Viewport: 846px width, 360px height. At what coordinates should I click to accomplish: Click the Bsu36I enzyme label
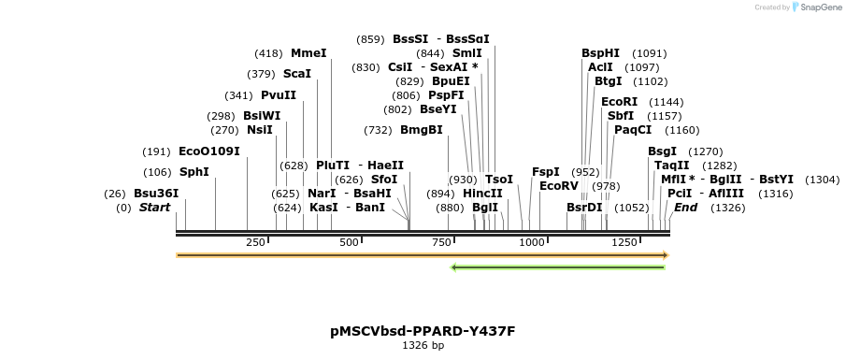[x=156, y=194]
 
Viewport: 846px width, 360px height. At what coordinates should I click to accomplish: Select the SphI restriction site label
[x=194, y=172]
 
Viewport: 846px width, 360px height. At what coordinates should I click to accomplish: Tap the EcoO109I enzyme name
[x=209, y=151]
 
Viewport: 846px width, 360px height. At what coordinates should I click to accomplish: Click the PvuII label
[x=279, y=95]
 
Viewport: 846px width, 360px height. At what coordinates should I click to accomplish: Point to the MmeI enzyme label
[x=308, y=53]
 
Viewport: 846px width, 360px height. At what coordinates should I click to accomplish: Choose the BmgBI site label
[x=422, y=130]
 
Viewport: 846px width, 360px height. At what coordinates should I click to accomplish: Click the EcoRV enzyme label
[x=559, y=186]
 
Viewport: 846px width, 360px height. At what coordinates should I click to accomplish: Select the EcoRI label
[x=619, y=102]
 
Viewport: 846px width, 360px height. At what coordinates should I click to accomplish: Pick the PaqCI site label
[x=633, y=130]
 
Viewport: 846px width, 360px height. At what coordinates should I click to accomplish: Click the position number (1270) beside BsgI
[x=706, y=151]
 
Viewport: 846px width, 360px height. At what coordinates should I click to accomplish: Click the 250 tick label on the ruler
[x=256, y=243]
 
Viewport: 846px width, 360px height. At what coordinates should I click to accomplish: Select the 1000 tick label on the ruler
[x=532, y=243]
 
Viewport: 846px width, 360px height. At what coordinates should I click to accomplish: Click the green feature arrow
[x=557, y=267]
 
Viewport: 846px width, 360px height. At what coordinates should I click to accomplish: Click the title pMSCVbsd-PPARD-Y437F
[x=423, y=331]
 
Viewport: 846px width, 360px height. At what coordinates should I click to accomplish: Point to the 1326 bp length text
[x=423, y=346]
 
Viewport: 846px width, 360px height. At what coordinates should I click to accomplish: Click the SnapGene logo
[x=817, y=7]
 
